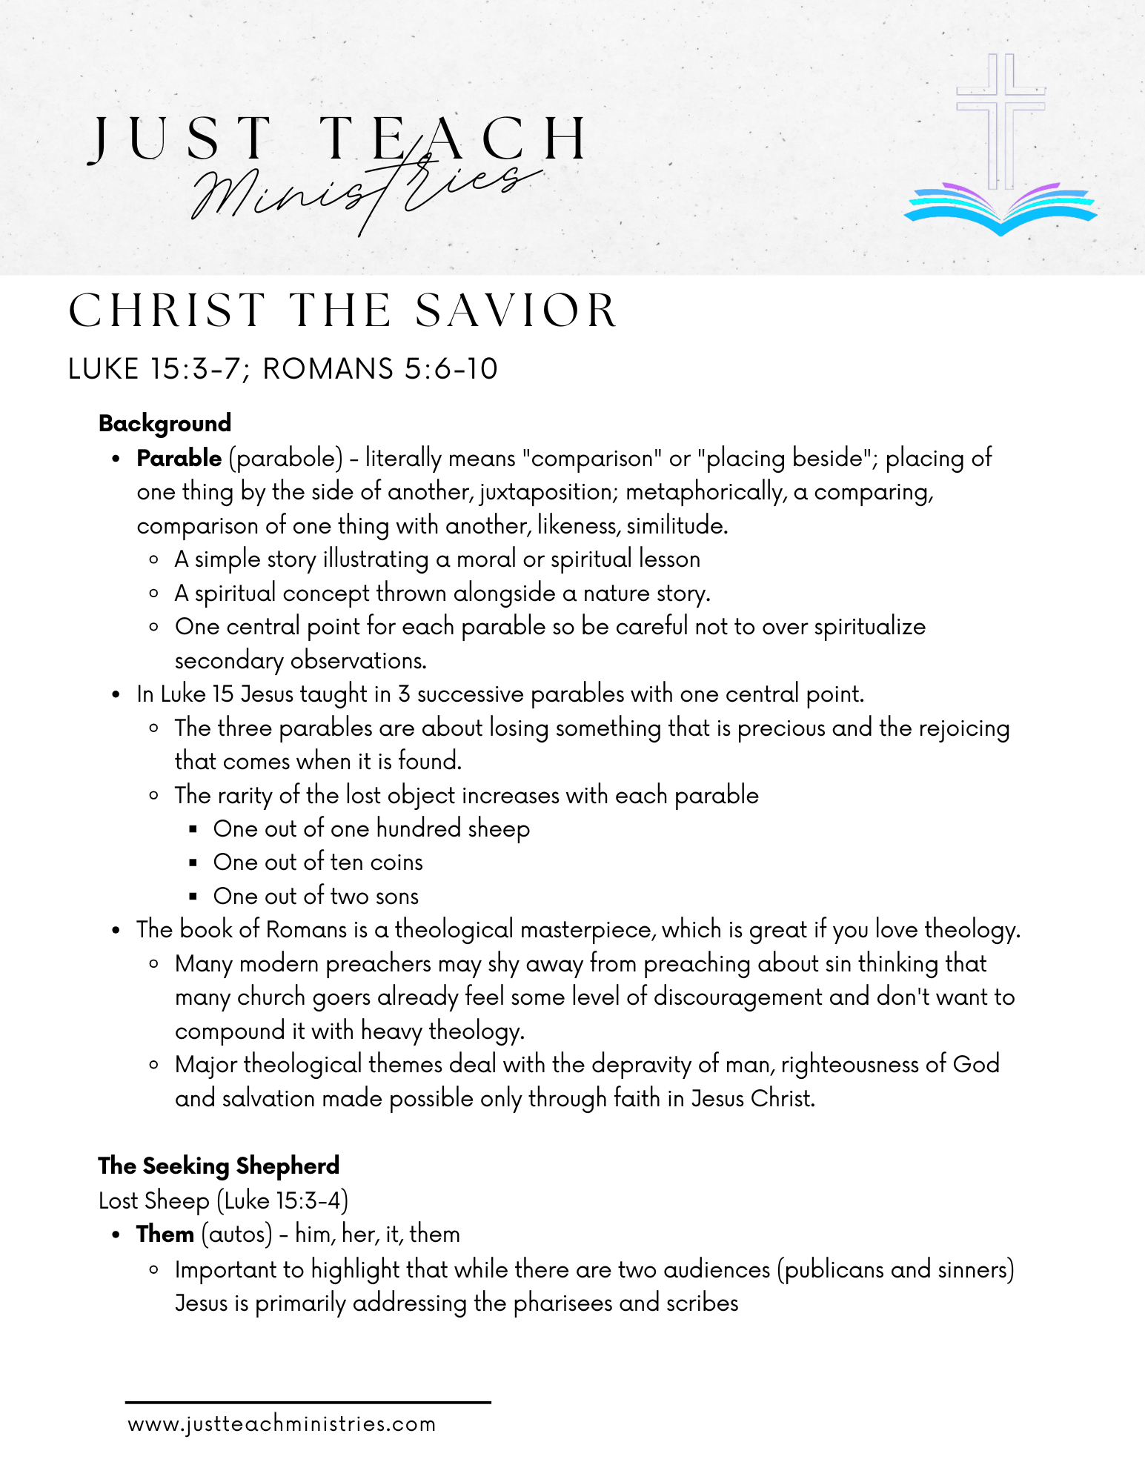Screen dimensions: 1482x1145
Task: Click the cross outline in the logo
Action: (1000, 119)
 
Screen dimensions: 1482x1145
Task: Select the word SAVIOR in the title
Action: (516, 310)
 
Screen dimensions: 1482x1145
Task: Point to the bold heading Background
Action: (165, 423)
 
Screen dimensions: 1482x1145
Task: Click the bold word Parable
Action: (179, 459)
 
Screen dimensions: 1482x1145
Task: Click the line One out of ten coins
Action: (318, 863)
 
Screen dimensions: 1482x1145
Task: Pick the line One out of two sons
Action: (316, 896)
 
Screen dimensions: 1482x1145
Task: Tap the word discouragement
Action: (737, 997)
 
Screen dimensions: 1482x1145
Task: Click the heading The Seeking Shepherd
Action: (219, 1166)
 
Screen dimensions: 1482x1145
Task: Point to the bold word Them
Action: (165, 1235)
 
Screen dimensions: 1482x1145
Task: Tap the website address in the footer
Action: (282, 1424)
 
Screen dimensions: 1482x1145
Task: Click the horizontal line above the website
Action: (308, 1402)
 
